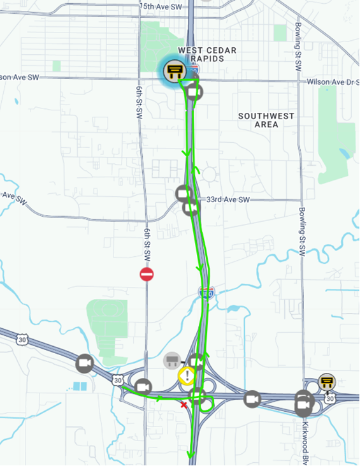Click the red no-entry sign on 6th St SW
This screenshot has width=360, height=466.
[147, 274]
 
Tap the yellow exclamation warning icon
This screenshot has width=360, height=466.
[186, 375]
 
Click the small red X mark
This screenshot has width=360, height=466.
[184, 404]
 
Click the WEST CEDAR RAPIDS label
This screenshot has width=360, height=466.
[207, 55]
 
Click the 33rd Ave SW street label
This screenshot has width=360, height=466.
[227, 200]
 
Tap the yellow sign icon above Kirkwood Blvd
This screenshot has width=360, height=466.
[328, 382]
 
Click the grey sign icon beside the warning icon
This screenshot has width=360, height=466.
[171, 361]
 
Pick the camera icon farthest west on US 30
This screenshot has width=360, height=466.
[85, 363]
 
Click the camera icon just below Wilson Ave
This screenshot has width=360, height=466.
[195, 92]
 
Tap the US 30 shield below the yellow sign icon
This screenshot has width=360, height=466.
[329, 398]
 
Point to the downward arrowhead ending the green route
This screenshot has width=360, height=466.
[190, 455]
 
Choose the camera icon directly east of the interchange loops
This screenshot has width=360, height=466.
[252, 399]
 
